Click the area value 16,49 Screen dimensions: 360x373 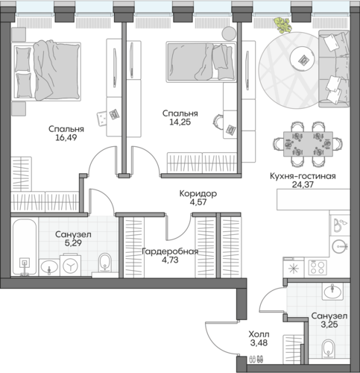(x=66, y=137)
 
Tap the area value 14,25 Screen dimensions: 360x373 (x=180, y=122)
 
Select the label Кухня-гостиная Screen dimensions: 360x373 (x=303, y=176)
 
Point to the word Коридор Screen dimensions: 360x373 (x=198, y=193)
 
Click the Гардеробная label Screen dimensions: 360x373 (x=170, y=251)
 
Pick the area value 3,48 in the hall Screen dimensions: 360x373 (x=259, y=343)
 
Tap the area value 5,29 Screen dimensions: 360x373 (x=73, y=242)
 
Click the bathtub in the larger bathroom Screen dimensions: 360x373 (x=25, y=247)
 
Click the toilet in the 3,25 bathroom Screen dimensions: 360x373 (x=328, y=349)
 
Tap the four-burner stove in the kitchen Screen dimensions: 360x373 (x=318, y=267)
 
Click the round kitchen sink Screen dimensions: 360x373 (x=339, y=246)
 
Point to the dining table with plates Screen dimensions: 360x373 (x=308, y=144)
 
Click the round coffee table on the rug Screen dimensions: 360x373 (x=303, y=59)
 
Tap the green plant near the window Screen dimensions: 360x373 (x=282, y=25)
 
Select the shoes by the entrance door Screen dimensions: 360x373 (x=256, y=359)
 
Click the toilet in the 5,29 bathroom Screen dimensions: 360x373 (x=105, y=263)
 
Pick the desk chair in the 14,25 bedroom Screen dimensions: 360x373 (x=218, y=122)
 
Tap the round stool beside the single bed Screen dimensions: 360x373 (x=229, y=34)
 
